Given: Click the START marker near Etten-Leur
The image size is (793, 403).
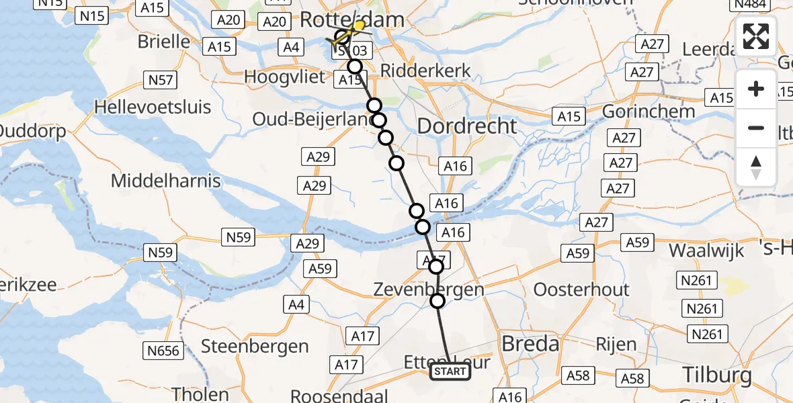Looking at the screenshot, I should click(x=450, y=371).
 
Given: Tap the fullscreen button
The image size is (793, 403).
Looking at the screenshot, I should click(x=756, y=36).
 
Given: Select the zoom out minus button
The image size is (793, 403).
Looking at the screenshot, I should click(x=756, y=128).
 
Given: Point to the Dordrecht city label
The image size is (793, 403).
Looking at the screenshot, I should click(x=468, y=126).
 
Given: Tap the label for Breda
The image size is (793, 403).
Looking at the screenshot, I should click(x=530, y=344).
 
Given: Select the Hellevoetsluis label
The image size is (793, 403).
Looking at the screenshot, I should click(x=153, y=107).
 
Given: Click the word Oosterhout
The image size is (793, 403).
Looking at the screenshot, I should click(x=581, y=289).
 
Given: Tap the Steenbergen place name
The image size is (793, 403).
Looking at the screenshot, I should click(x=255, y=347).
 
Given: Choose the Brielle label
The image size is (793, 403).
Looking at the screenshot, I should click(x=164, y=41).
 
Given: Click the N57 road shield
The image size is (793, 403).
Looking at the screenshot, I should click(x=161, y=81).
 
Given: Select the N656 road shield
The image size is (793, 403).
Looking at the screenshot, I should click(x=163, y=349).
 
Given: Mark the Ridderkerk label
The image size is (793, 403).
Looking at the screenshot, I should click(x=425, y=71).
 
